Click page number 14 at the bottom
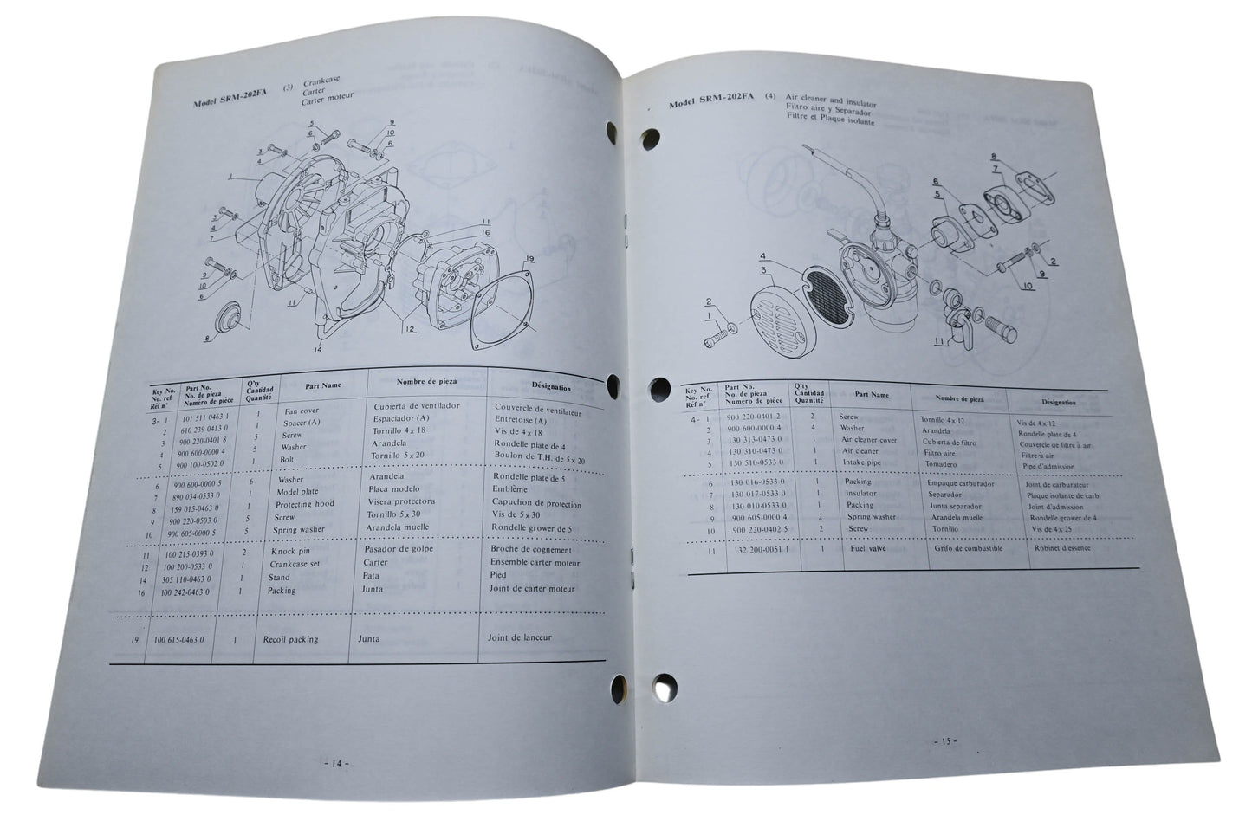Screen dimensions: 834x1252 (x=334, y=764)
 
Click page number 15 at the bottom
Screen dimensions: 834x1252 (x=944, y=741)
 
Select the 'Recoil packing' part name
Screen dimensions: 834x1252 (x=290, y=639)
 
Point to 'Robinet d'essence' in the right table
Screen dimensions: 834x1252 (x=1061, y=548)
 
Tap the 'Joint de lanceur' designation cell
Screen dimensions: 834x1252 (x=521, y=637)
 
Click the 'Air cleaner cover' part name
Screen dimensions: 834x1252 (x=869, y=440)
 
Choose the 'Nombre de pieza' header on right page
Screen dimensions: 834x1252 (x=959, y=399)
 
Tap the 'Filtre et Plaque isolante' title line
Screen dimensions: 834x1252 (x=830, y=121)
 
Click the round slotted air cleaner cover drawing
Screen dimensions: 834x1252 (x=775, y=311)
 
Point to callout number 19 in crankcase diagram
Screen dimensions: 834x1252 (x=529, y=259)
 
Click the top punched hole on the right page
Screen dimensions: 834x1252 (x=649, y=138)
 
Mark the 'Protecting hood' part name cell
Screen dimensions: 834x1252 (x=304, y=504)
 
